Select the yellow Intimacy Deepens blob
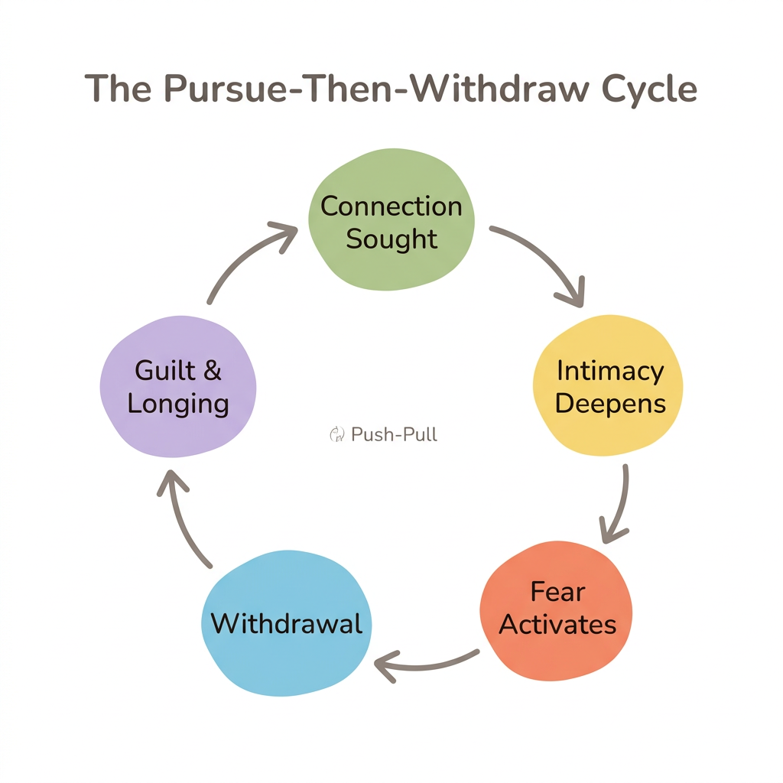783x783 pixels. [x=609, y=385]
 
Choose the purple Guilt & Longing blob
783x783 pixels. [x=178, y=387]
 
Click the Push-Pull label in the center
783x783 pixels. [x=394, y=435]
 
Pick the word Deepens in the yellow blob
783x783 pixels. [x=610, y=403]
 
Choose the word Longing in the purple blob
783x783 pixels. [x=178, y=403]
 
